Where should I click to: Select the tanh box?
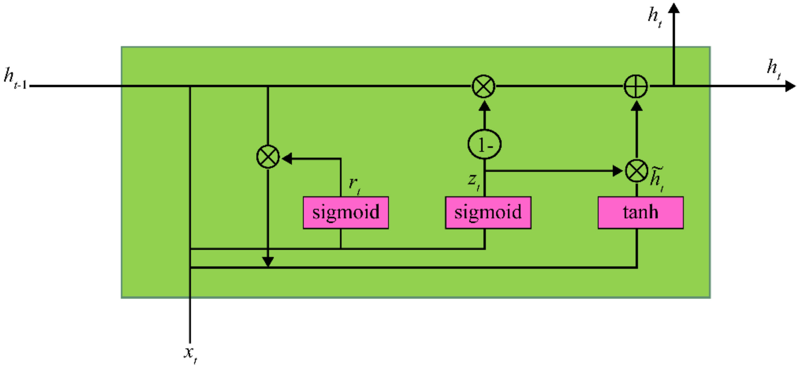pyautogui.click(x=640, y=213)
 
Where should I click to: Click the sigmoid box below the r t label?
pyautogui.click(x=346, y=213)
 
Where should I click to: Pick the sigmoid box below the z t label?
pyautogui.click(x=488, y=213)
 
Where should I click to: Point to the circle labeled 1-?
pyautogui.click(x=484, y=145)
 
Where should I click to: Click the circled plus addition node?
pyautogui.click(x=636, y=86)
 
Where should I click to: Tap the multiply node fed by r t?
pyautogui.click(x=268, y=157)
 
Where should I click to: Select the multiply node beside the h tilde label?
pyautogui.click(x=636, y=171)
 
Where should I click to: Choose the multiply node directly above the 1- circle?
pyautogui.click(x=483, y=86)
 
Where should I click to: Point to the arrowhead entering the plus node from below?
pyautogui.click(x=637, y=106)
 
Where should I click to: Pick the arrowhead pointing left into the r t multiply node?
pyautogui.click(x=287, y=159)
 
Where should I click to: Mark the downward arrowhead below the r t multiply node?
pyautogui.click(x=268, y=262)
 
